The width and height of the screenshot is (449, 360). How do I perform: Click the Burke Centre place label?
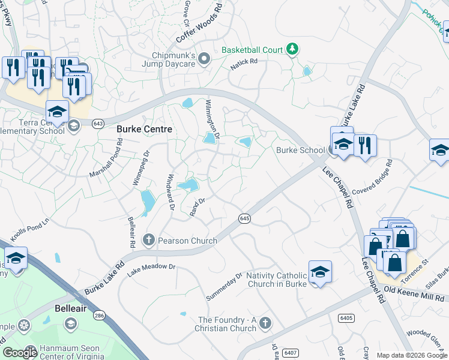144,129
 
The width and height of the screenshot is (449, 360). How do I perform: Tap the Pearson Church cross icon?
149,241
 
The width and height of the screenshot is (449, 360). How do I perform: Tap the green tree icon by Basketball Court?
292,49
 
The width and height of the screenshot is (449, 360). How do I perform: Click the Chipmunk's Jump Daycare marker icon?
204,58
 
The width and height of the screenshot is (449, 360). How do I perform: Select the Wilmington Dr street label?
213,118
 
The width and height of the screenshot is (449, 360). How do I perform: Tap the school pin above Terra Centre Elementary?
57,111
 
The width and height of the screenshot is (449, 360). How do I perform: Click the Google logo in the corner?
20,352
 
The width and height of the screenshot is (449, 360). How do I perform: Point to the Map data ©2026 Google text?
412,355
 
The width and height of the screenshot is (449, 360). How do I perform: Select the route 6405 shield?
346,317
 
